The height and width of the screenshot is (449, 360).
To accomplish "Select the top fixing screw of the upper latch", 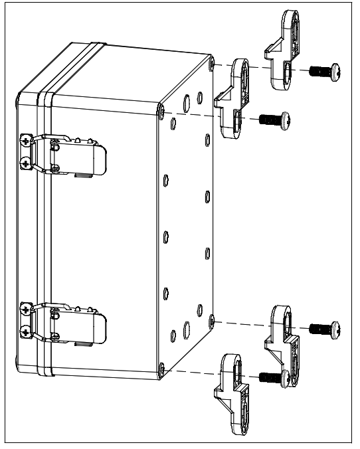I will pyautogui.click(x=25, y=141).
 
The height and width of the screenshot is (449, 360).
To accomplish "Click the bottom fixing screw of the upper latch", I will pyautogui.click(x=25, y=162).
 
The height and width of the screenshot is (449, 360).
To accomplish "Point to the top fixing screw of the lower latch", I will pyautogui.click(x=25, y=310).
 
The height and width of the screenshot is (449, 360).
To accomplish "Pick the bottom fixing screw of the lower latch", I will pyautogui.click(x=25, y=331).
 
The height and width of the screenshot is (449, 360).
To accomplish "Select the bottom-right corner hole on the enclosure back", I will pyautogui.click(x=211, y=321).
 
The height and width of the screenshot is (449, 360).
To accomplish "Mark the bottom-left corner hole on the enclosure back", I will pyautogui.click(x=161, y=367).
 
